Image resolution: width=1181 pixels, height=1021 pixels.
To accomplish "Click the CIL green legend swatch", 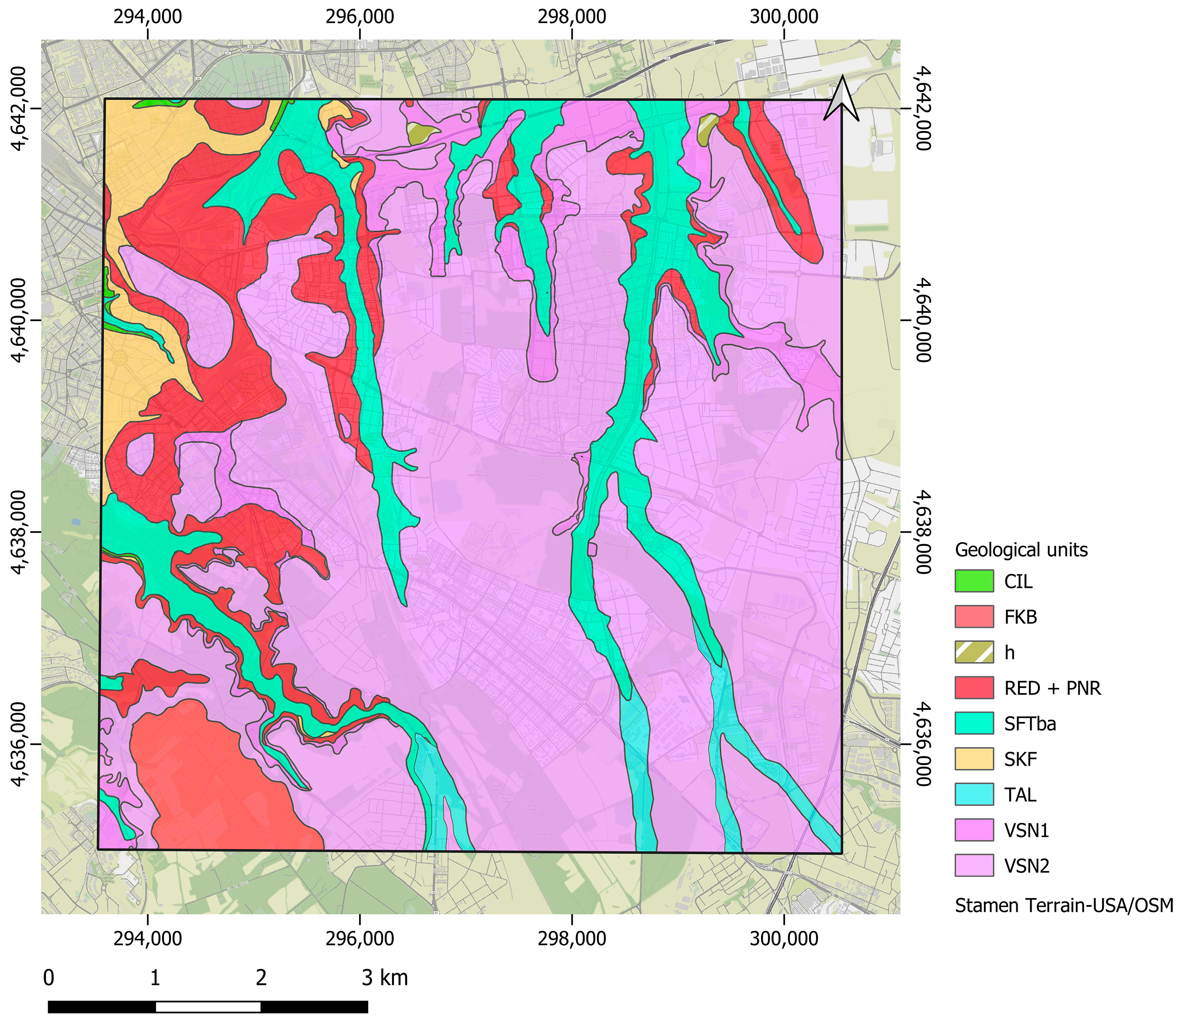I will tap(974, 581).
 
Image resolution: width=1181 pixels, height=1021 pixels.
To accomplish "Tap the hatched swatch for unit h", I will tap(974, 652).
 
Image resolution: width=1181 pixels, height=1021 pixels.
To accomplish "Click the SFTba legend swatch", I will tap(974, 723).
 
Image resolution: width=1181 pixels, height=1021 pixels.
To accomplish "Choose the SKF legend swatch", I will tap(974, 759).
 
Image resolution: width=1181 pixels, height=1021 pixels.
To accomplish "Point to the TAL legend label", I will tap(1020, 795).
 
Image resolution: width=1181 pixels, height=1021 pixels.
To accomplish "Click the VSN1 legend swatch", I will tap(974, 830).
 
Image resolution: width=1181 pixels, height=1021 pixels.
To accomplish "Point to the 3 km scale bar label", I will tap(385, 978).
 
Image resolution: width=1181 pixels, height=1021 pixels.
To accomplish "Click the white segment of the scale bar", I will tap(208, 1007).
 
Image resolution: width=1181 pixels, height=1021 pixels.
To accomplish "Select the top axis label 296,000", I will tap(360, 16).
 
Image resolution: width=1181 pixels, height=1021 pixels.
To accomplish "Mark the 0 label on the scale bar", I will tap(49, 978).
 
